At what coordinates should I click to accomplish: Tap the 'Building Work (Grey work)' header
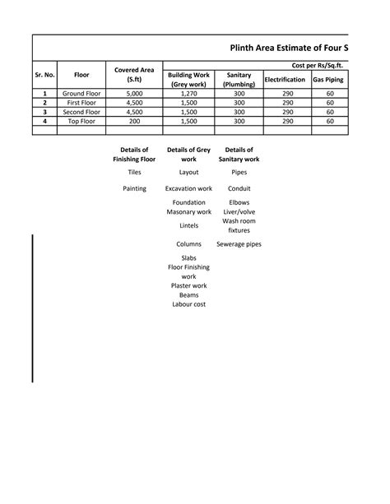coord(188,80)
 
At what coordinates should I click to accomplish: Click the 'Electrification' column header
coord(286,80)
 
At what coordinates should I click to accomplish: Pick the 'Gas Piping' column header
coord(329,80)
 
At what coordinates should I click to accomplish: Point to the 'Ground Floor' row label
coord(81,95)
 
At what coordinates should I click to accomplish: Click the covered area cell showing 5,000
coord(134,95)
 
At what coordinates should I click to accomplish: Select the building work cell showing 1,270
coord(188,95)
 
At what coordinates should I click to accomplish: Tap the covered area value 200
coord(134,121)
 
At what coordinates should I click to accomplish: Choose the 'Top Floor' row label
coord(81,121)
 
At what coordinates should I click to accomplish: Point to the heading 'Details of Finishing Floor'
coord(134,155)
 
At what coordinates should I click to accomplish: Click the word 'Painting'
coord(134,189)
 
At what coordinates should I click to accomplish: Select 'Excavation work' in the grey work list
coord(188,189)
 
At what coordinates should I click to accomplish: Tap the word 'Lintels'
coord(188,225)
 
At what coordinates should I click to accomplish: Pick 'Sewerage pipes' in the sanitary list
coord(239,244)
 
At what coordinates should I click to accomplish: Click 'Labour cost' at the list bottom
coord(188,304)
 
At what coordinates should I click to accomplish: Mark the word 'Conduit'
coord(239,189)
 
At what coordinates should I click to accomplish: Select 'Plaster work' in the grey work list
coord(188,286)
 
